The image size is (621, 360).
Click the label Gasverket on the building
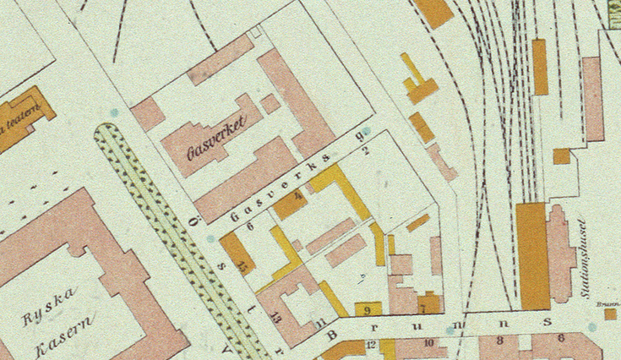click(x=215, y=138)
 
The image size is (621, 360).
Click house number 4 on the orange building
click(x=297, y=197)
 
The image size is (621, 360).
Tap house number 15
click(x=244, y=265)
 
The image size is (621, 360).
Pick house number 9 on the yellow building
click(x=367, y=310)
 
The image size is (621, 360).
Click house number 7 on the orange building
click(x=422, y=309)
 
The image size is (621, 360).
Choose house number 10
click(x=429, y=343)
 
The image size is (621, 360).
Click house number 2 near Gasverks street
click(x=366, y=152)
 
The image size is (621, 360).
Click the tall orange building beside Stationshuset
click(x=532, y=255)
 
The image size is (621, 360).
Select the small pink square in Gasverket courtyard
click(x=270, y=104)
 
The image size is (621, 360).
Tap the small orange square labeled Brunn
click(x=610, y=314)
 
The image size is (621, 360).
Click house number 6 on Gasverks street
click(x=251, y=224)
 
